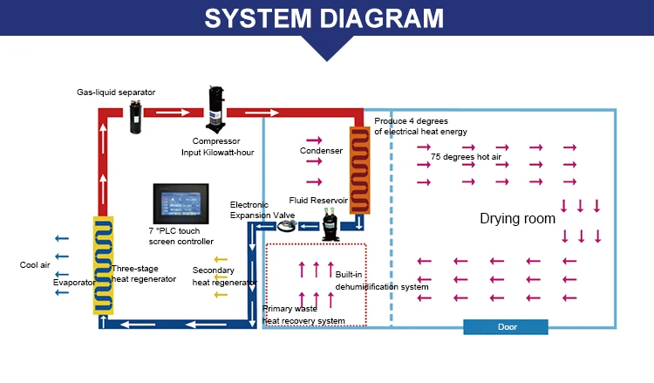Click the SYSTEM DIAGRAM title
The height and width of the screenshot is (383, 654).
[326, 17]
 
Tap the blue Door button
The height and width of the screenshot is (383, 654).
[506, 326]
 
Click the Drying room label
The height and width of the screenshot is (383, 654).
[517, 218]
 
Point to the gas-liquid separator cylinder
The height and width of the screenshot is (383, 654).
[136, 114]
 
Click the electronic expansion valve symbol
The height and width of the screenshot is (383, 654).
[288, 225]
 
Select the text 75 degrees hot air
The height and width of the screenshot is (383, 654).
[467, 156]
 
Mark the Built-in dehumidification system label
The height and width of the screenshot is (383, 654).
[382, 281]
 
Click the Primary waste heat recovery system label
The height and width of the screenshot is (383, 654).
[303, 315]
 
